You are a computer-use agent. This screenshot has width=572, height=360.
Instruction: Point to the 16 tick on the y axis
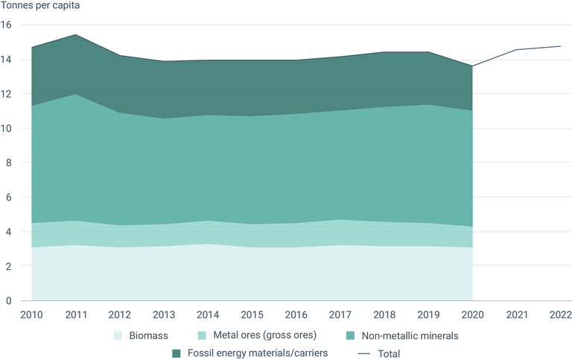tap(7, 25)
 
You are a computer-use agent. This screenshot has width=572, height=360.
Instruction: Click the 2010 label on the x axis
tap(31, 314)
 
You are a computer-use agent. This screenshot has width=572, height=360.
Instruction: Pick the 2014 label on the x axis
tap(209, 314)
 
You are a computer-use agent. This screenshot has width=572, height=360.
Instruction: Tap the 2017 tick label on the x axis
tap(341, 314)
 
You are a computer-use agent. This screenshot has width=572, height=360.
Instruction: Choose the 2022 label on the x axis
tap(560, 314)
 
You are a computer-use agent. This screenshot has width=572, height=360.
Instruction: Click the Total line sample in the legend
tap(365, 353)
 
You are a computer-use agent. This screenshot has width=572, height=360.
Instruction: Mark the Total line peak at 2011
tap(75, 35)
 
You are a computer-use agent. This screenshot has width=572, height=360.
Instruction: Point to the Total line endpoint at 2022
tap(561, 46)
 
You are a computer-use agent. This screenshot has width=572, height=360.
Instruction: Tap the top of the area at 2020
tap(473, 66)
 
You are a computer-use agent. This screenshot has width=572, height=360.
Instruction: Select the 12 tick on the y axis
tap(7, 94)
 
